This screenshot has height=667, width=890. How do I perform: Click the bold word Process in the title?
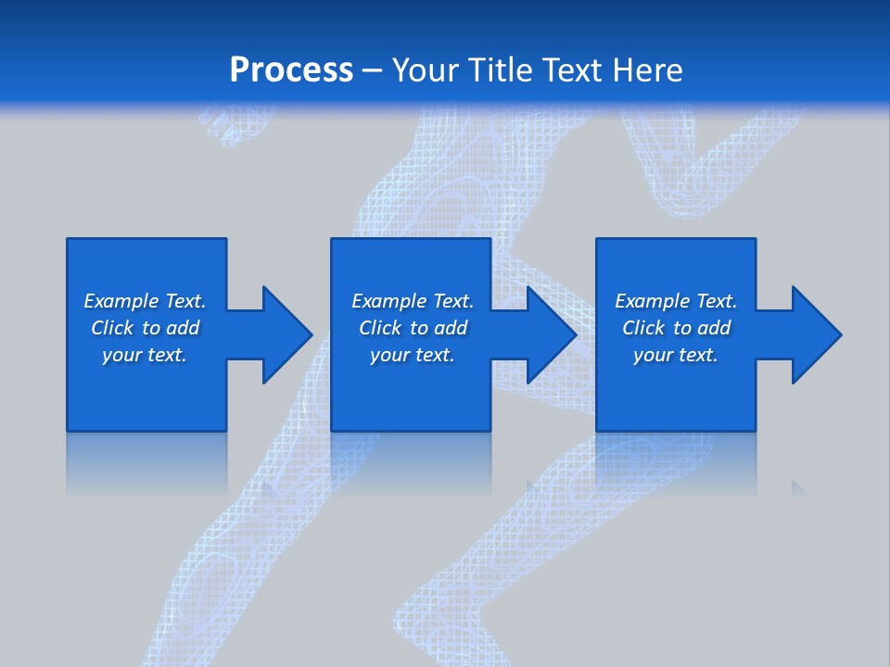(x=291, y=70)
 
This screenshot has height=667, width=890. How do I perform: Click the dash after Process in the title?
(x=373, y=71)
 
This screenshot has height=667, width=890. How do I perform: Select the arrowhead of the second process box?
(x=551, y=334)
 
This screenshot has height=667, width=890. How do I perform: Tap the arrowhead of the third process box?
(x=816, y=334)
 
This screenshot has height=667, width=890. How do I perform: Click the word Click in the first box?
(x=112, y=328)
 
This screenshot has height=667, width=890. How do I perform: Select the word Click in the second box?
(x=380, y=328)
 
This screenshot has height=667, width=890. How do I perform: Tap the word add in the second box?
(x=449, y=328)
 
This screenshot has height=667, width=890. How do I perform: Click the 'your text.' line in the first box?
(x=145, y=355)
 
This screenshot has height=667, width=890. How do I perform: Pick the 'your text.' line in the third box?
(x=676, y=355)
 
